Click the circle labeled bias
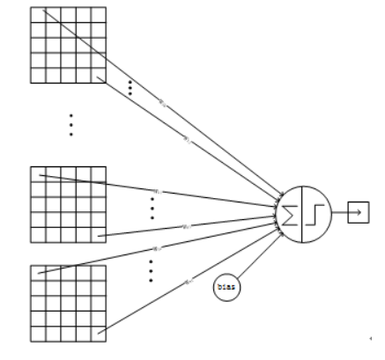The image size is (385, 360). coord(226,287)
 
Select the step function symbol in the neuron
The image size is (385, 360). coord(318,211)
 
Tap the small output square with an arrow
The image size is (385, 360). coord(359,212)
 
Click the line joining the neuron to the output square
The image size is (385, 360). coord(340,212)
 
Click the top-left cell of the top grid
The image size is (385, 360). coord(37,15)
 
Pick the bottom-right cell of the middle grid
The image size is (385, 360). coord(99,234)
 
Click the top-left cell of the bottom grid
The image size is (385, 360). coord(37,273)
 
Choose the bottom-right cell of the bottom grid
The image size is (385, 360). coord(99,334)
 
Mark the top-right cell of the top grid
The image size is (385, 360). coord(99,15)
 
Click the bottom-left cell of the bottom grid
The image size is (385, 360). coord(37,334)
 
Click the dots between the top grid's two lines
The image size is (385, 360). coord(130,87)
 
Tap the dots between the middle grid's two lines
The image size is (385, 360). coord(152,208)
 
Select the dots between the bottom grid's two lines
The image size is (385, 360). coord(151,269)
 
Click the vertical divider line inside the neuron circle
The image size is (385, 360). coord(306,211)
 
